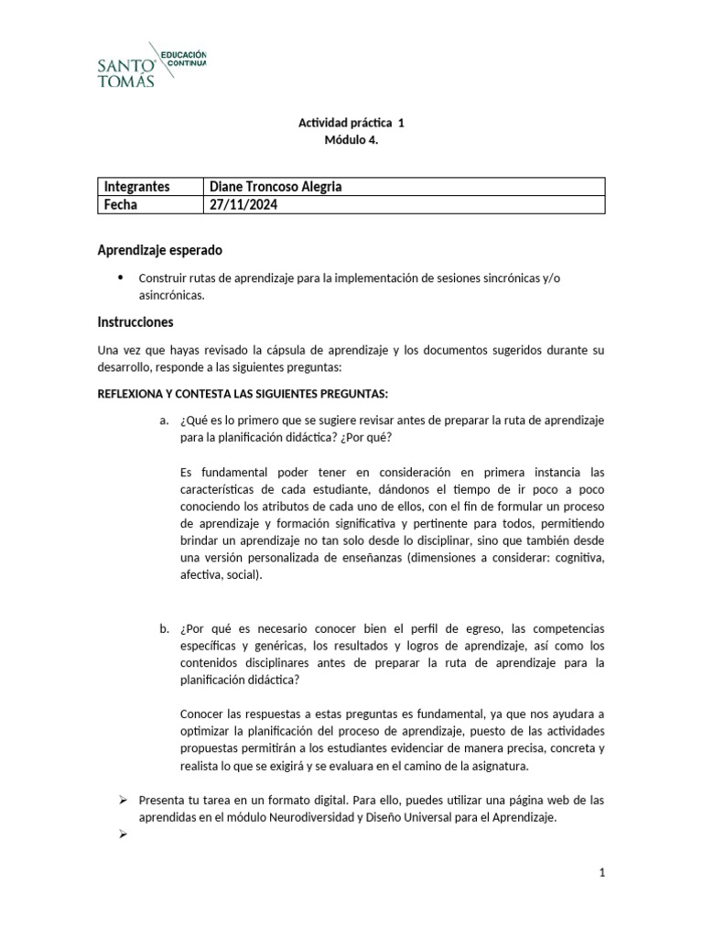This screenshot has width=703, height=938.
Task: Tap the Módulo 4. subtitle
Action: pyautogui.click(x=351, y=140)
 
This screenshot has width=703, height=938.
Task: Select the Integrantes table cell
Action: pyautogui.click(x=137, y=187)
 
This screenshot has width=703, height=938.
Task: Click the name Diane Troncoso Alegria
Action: pyautogui.click(x=276, y=187)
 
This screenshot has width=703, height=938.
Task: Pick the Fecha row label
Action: pyautogui.click(x=121, y=204)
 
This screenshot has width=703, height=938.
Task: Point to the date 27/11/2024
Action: pyautogui.click(x=243, y=204)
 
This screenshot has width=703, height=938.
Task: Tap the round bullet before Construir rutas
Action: pyautogui.click(x=122, y=277)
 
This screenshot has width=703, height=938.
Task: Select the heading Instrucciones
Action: pyautogui.click(x=135, y=322)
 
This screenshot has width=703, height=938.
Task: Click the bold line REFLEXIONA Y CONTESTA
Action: pyautogui.click(x=243, y=394)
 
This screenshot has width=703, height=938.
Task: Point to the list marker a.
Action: pyautogui.click(x=163, y=420)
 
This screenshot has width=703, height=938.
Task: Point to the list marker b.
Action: pyautogui.click(x=163, y=628)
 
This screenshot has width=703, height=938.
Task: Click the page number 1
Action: pyautogui.click(x=602, y=874)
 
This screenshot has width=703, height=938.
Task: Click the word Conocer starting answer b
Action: pyautogui.click(x=203, y=714)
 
